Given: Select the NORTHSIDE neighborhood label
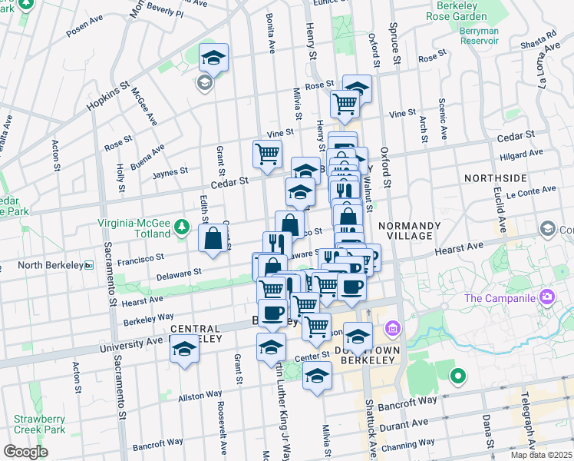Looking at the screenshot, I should [496, 177].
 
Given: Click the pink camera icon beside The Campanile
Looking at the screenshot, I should [547, 296].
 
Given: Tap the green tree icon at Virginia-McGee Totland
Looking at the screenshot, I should [181, 226].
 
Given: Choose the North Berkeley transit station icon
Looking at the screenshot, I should [89, 266].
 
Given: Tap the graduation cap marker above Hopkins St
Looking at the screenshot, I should [214, 58].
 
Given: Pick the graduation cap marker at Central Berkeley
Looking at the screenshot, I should [184, 350].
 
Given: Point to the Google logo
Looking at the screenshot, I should [25, 451].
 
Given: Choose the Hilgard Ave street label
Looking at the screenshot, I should [517, 154].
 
